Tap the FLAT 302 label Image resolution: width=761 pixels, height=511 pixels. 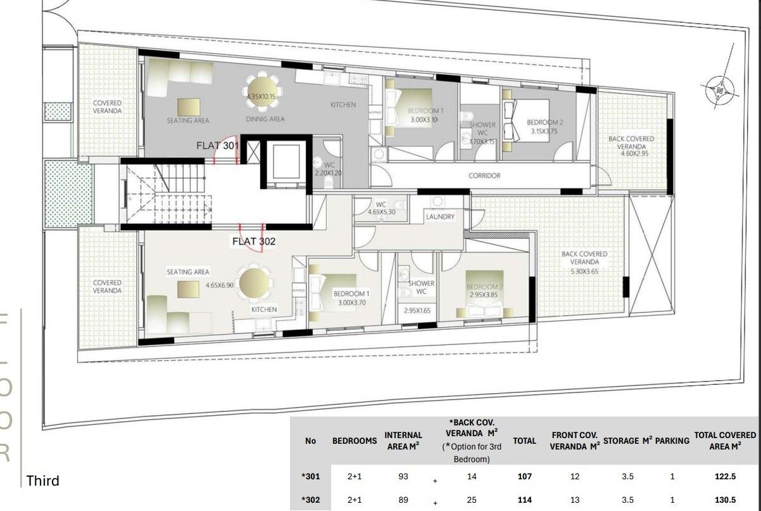click(253, 241)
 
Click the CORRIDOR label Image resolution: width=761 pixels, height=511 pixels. click(484, 176)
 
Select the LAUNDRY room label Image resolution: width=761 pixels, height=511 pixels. click(440, 217)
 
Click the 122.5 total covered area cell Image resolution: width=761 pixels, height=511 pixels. click(725, 477)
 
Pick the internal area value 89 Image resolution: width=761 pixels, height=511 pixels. click(403, 500)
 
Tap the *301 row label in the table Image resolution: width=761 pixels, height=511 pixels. click(310, 477)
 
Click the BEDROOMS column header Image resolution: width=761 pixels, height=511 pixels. click(355, 441)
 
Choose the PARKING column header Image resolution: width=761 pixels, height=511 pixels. click(672, 441)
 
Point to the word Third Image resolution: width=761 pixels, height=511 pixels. click(43, 481)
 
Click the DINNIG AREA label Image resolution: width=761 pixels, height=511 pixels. click(265, 119)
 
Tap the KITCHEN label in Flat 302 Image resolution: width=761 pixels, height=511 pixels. click(264, 309)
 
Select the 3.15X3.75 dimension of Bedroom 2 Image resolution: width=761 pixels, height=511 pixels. click(544, 132)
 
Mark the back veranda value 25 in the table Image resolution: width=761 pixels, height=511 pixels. click(472, 500)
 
